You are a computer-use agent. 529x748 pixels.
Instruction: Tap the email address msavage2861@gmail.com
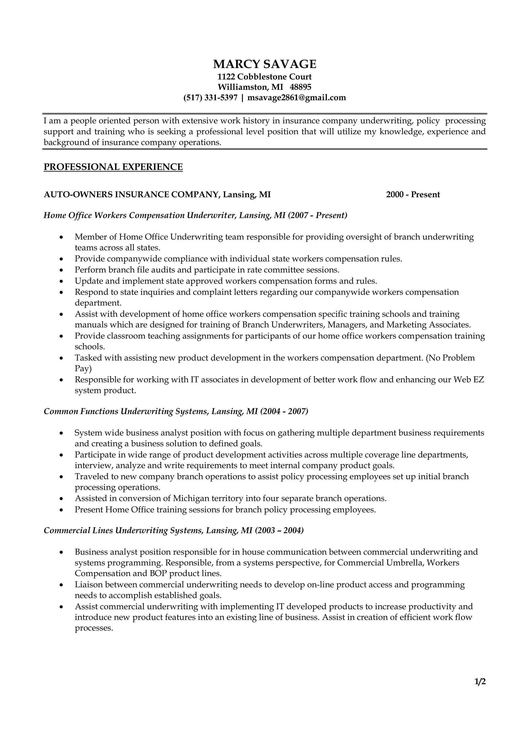click(296, 98)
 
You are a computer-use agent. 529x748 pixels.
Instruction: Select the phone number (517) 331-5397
click(210, 98)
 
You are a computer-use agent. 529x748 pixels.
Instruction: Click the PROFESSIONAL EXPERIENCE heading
click(113, 167)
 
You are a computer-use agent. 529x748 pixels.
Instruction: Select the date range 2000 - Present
click(413, 195)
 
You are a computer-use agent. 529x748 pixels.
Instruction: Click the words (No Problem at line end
click(450, 358)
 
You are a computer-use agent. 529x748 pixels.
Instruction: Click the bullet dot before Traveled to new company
click(61, 477)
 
